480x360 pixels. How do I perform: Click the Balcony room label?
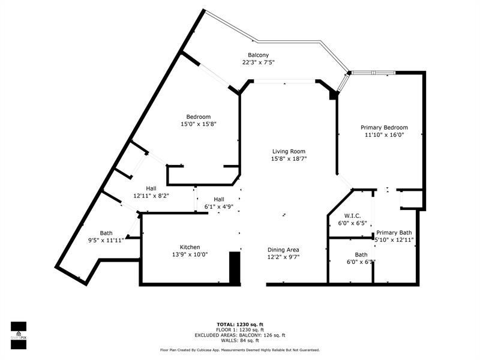tap(258, 55)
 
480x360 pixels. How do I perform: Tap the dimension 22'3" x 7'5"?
tap(258, 62)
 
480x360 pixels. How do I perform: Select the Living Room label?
tap(289, 151)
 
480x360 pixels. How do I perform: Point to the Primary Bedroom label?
tap(384, 127)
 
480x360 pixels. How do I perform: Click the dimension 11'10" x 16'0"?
tap(384, 135)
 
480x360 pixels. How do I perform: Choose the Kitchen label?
tap(190, 247)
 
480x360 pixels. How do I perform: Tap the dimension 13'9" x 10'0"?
tap(190, 255)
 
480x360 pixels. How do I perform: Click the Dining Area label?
tap(284, 250)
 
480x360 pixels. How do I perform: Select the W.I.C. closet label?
tap(352, 215)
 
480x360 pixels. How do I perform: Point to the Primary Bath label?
tap(394, 232)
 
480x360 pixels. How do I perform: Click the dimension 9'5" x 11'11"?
tap(106, 241)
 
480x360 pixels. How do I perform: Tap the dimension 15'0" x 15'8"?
tap(198, 124)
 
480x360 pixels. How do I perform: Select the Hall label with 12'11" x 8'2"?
tap(151, 188)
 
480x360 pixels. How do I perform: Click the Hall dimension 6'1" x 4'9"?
tap(219, 207)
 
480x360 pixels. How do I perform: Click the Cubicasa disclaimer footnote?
tap(239, 350)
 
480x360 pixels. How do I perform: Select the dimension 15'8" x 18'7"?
tap(289, 159)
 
